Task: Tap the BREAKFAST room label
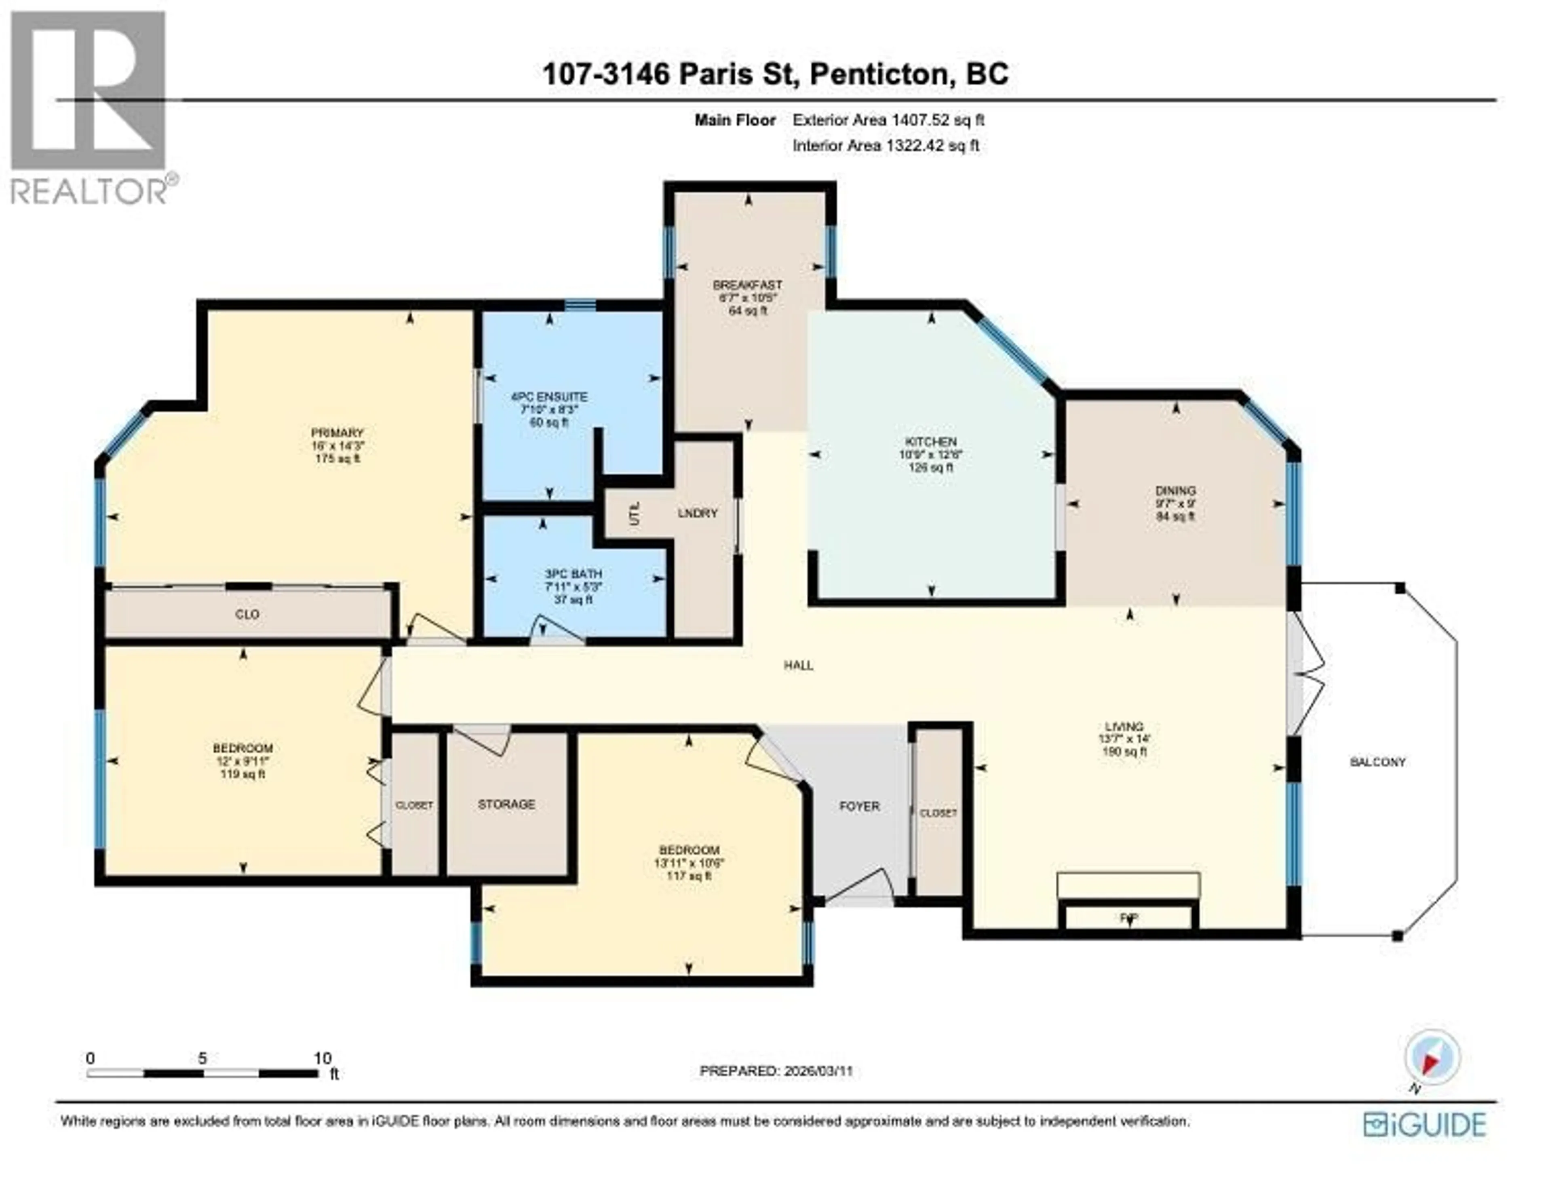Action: tap(748, 285)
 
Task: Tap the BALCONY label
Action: tap(1377, 762)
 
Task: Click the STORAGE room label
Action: tap(506, 804)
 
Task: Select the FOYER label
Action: tap(859, 806)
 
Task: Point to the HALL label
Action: tap(798, 665)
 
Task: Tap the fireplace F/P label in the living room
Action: tap(1128, 918)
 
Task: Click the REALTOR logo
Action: tap(89, 107)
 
